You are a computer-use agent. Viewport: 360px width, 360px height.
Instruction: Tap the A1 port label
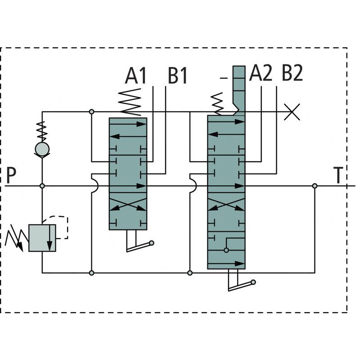[136, 76]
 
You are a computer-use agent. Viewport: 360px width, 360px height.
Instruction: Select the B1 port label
[177, 76]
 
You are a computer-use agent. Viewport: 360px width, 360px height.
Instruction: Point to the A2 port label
[261, 73]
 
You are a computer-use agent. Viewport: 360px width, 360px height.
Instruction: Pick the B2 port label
[292, 73]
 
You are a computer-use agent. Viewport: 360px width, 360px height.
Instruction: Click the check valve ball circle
[42, 148]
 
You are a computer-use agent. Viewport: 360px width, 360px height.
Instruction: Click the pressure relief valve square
[42, 238]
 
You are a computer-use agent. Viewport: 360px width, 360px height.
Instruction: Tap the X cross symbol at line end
[292, 112]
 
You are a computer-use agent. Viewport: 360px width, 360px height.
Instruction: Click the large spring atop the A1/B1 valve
[130, 102]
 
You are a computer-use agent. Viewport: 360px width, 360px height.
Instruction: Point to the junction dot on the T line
[315, 186]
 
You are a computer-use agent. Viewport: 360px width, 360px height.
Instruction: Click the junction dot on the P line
[42, 186]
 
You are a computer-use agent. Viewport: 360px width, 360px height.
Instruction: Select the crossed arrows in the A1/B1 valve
[128, 204]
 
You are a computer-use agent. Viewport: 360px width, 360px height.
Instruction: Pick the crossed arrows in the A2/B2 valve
[226, 204]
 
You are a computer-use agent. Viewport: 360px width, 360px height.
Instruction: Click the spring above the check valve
[42, 130]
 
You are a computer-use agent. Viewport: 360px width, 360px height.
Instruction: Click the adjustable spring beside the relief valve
[14, 238]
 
